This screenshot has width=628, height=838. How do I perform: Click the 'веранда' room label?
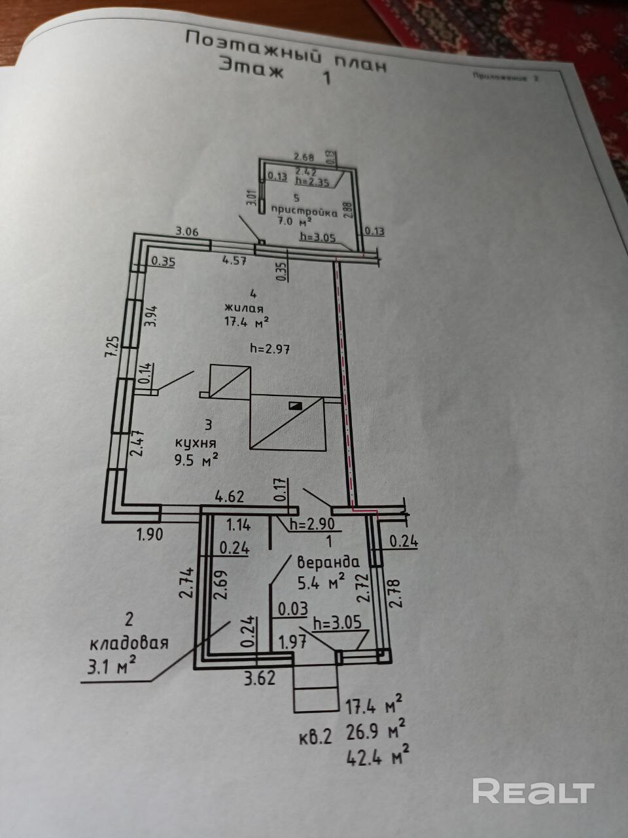[328, 562]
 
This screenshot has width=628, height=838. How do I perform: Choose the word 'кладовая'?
[130, 643]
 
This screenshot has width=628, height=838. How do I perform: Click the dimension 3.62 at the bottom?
[260, 678]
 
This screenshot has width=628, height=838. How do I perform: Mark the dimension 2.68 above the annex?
[304, 157]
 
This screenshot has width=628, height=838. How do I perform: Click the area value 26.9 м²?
[375, 729]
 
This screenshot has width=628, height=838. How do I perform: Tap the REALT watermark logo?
[532, 792]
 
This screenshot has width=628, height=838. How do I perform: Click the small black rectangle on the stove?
[296, 406]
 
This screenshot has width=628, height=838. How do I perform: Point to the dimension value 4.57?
[234, 260]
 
